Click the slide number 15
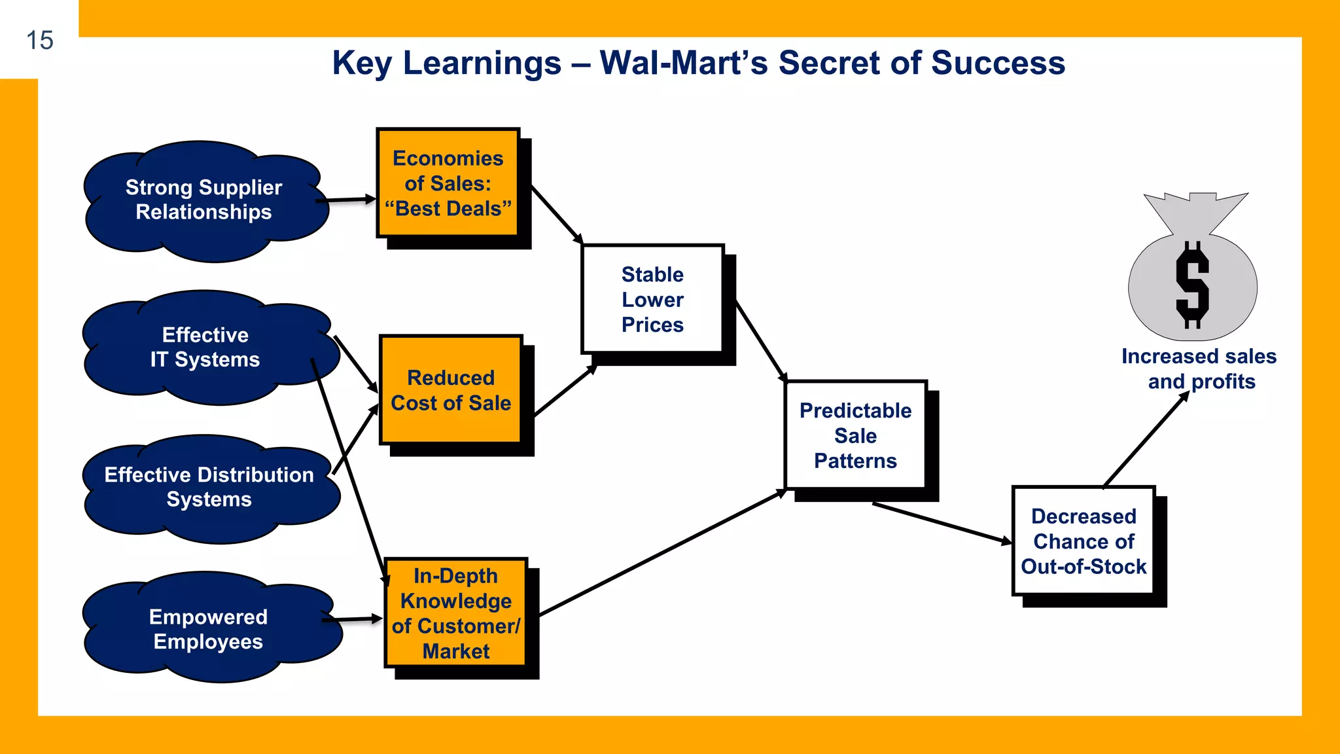(39, 41)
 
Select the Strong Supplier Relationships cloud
(203, 200)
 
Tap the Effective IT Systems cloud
(205, 347)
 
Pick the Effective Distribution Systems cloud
(209, 487)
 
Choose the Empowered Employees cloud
(208, 629)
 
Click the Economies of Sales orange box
(448, 183)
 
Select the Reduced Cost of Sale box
(451, 390)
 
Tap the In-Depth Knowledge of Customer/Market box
(455, 613)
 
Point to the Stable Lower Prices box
(652, 299)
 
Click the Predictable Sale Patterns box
(855, 435)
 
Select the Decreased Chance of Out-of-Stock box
(1084, 541)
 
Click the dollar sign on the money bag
(1192, 285)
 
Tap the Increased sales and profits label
(1199, 368)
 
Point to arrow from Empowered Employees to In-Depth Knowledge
(353, 619)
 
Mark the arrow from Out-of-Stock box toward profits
(1145, 440)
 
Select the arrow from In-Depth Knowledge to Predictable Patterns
(661, 553)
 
